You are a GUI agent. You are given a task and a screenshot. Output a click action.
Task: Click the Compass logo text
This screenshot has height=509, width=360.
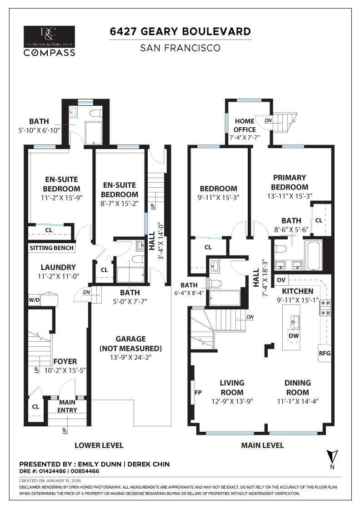50,52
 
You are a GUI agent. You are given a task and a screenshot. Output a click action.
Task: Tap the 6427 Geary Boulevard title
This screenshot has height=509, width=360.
180,31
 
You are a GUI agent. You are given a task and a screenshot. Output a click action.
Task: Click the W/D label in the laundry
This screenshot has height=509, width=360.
35,300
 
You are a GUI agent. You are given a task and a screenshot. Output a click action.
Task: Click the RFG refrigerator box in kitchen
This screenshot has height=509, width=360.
325,352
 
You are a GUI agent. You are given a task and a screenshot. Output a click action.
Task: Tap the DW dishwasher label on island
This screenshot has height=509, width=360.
294,336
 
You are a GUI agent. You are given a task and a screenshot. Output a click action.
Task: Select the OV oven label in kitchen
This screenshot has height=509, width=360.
281,280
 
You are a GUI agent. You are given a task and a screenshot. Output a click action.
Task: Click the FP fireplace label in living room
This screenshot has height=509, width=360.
198,392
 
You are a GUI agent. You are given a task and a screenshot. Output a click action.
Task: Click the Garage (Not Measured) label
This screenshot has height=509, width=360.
130,344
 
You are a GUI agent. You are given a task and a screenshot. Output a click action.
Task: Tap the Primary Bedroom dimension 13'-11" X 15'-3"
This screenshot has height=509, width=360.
290,196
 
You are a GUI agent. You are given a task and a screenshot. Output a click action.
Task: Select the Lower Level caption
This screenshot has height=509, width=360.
99,445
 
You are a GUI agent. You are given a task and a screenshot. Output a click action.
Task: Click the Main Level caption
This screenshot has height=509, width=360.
262,445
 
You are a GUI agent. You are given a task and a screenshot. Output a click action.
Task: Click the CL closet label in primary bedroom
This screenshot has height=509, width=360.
319,220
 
